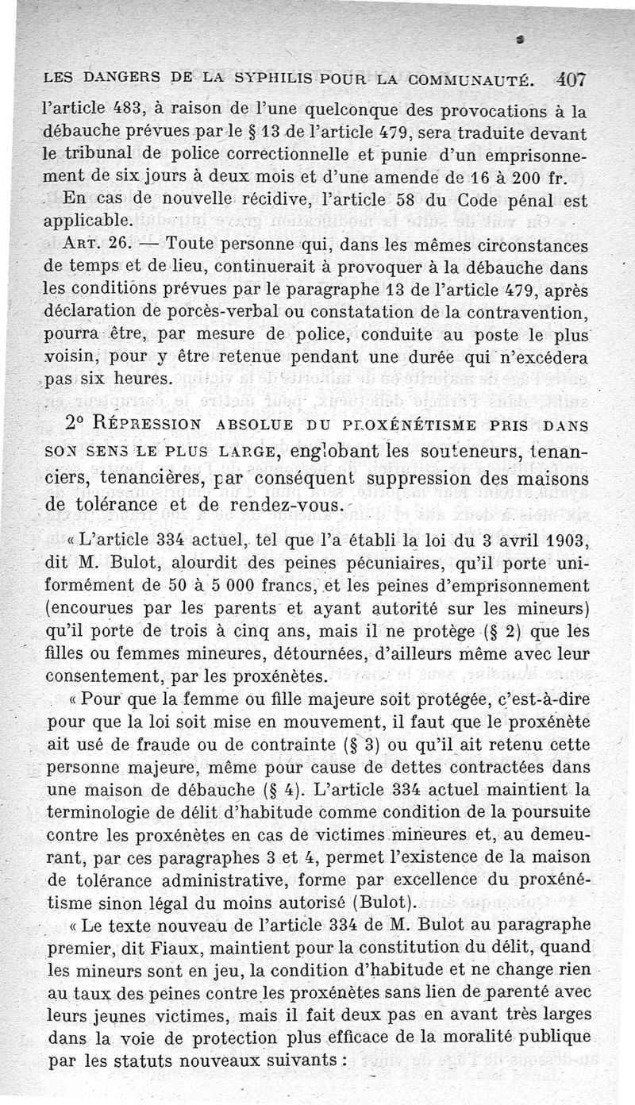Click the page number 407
pos(571,79)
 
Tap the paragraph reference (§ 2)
pos(496,633)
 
